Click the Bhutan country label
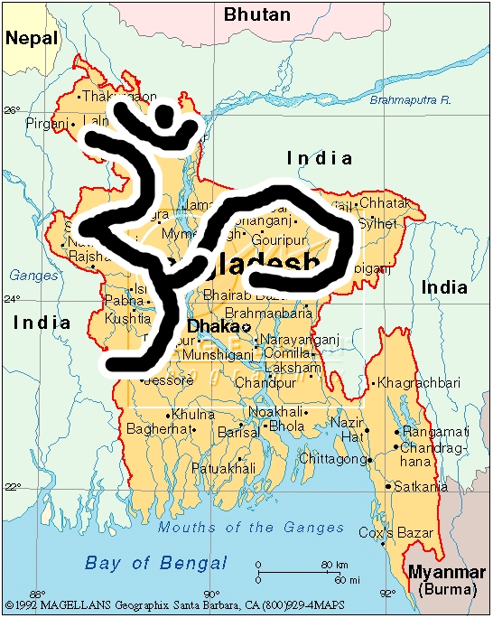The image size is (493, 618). [257, 14]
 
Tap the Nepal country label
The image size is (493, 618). [31, 38]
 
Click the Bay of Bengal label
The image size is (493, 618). [144, 563]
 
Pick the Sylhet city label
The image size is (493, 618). [377, 222]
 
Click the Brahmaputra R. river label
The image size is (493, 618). [410, 101]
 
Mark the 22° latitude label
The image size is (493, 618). [12, 487]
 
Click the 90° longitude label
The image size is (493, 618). [211, 593]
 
